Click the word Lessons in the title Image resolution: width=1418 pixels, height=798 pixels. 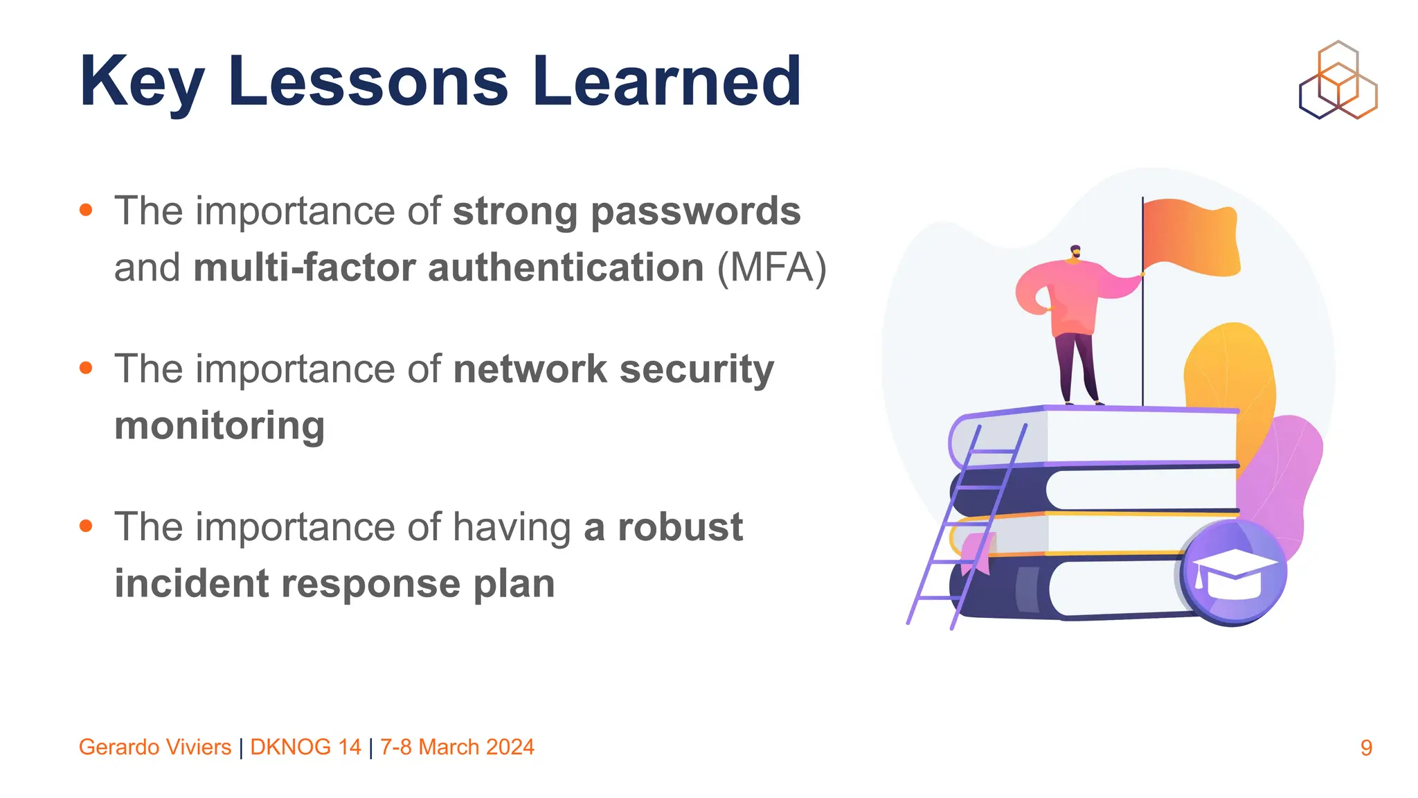click(368, 82)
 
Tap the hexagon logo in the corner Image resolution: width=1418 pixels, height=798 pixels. click(1338, 80)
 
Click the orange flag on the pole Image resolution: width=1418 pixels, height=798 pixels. click(1190, 237)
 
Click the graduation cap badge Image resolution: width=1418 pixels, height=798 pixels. click(1234, 572)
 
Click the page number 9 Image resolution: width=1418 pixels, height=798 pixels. click(1365, 747)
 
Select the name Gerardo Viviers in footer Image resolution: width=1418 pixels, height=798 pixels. click(155, 747)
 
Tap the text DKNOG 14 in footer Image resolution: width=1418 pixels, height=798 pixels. click(305, 747)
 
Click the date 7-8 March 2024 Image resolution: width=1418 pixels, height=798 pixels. click(457, 747)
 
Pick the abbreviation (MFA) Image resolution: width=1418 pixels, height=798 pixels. click(771, 268)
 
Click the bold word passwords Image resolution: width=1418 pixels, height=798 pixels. click(695, 211)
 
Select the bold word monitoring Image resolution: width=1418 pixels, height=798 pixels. click(219, 425)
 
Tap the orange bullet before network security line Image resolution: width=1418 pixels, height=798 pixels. click(86, 368)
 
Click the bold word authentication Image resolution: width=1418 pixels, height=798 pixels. click(566, 268)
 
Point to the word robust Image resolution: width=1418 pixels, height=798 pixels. click(680, 526)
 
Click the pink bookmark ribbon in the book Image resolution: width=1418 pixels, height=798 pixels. click(977, 553)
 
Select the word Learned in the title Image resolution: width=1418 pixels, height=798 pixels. click(666, 82)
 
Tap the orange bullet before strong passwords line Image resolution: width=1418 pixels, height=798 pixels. click(86, 210)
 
